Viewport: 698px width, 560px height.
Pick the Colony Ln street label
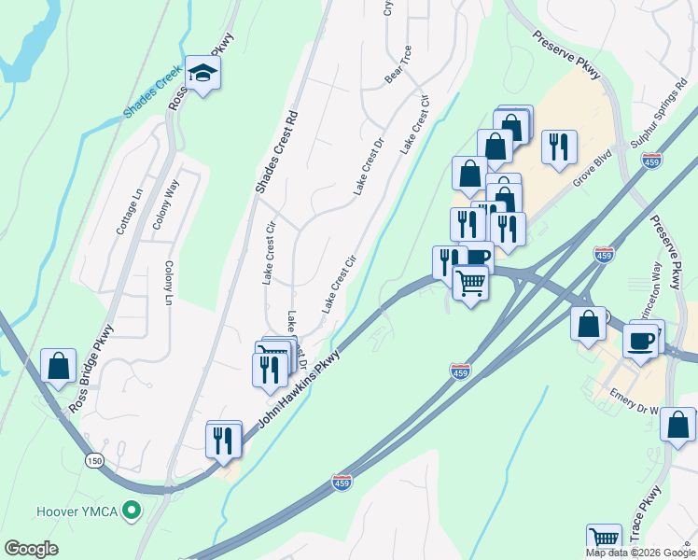click(169, 283)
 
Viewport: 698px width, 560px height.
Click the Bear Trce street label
click(398, 64)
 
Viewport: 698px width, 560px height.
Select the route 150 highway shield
click(92, 460)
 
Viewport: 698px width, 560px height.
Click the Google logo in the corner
click(31, 549)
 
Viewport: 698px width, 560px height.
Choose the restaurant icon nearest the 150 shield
click(223, 439)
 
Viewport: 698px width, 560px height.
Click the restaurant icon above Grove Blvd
click(559, 147)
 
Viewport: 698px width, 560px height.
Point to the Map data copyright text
click(640, 553)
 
